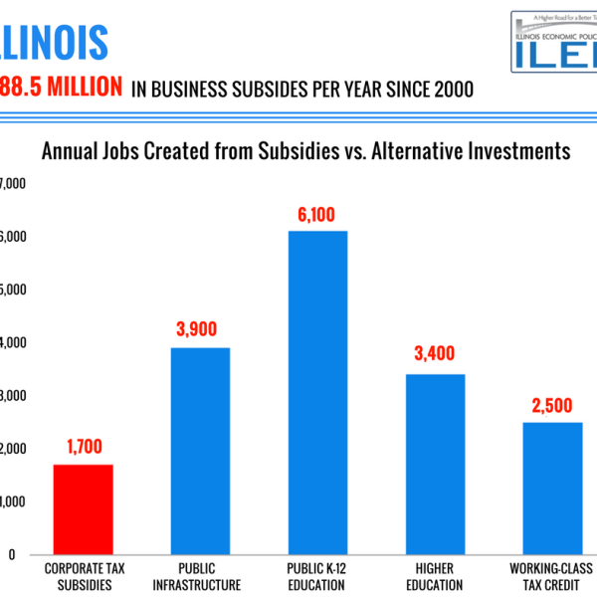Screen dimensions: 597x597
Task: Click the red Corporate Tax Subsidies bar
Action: [x=83, y=509]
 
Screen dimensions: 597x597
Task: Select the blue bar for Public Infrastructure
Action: [x=200, y=451]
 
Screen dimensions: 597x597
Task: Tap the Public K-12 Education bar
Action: [x=317, y=393]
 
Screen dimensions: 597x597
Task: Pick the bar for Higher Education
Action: [x=435, y=465]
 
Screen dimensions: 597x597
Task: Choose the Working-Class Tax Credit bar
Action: [x=552, y=489]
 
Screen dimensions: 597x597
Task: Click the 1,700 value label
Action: [x=84, y=448]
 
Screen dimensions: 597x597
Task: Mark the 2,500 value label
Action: [x=552, y=405]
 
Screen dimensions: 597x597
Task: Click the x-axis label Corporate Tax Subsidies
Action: [x=84, y=577]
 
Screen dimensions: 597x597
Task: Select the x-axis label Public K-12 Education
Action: [x=317, y=577]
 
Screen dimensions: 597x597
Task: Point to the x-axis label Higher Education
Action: [x=435, y=577]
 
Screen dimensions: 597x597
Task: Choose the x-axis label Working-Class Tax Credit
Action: [x=552, y=577]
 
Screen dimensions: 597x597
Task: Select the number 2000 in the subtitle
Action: [x=447, y=90]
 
